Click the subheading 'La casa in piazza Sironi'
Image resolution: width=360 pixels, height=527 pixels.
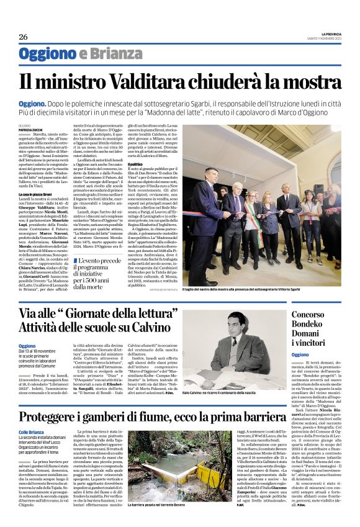38,194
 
